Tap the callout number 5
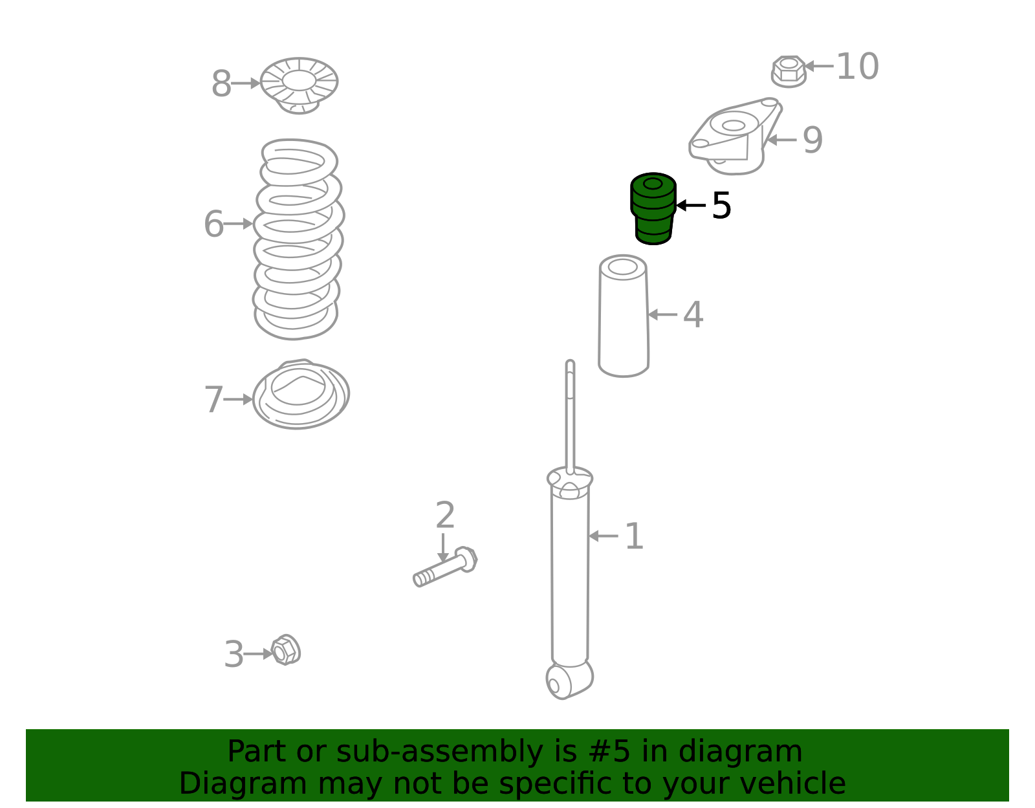tap(721, 206)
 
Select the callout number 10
tap(857, 66)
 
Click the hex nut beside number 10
tap(789, 71)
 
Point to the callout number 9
tap(812, 140)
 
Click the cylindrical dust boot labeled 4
tap(624, 316)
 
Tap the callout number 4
tap(693, 314)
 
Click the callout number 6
tap(213, 223)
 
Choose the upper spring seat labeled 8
tap(299, 85)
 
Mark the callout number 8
tap(221, 84)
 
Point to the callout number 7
tap(213, 399)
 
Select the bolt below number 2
tap(445, 567)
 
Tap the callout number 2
tap(445, 515)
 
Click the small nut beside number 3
tap(286, 650)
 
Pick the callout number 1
tap(634, 536)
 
